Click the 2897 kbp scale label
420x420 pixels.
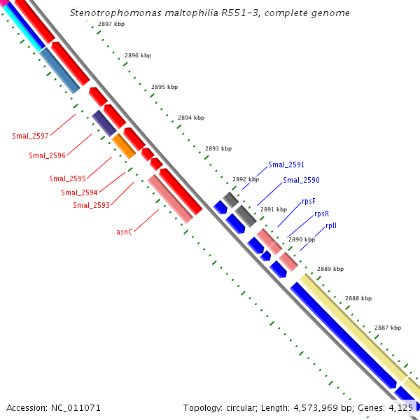[x=111, y=24]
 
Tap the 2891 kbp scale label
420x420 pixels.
[x=273, y=209]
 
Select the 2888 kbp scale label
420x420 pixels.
[x=358, y=298]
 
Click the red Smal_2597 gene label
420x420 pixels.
[x=30, y=136]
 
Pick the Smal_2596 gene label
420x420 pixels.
[x=47, y=155]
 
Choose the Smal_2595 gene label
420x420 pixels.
[x=67, y=178]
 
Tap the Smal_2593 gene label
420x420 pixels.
[x=91, y=205]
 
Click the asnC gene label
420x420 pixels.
[x=125, y=231]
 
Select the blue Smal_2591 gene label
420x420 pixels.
[x=286, y=165]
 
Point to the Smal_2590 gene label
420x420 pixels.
[x=301, y=181]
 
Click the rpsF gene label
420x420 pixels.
[x=309, y=202]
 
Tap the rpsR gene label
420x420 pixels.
[x=321, y=213]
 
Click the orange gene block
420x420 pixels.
[x=123, y=146]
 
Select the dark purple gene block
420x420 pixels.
[x=104, y=123]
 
